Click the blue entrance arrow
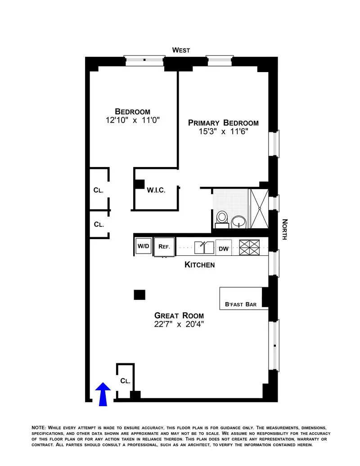[x=103, y=394]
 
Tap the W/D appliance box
[x=143, y=247]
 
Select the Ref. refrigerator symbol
[x=163, y=247]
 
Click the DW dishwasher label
[x=224, y=248]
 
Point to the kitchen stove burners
[x=250, y=247]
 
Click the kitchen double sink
[x=204, y=247]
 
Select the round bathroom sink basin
[x=238, y=221]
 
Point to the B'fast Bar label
[x=241, y=304]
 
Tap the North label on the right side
[x=284, y=229]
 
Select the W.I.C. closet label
[x=156, y=190]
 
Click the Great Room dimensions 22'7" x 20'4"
[x=179, y=324]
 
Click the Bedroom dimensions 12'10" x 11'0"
[x=132, y=120]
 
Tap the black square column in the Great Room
[x=139, y=294]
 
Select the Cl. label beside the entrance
[x=125, y=381]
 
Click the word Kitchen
[x=199, y=265]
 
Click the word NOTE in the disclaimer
[x=39, y=427]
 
